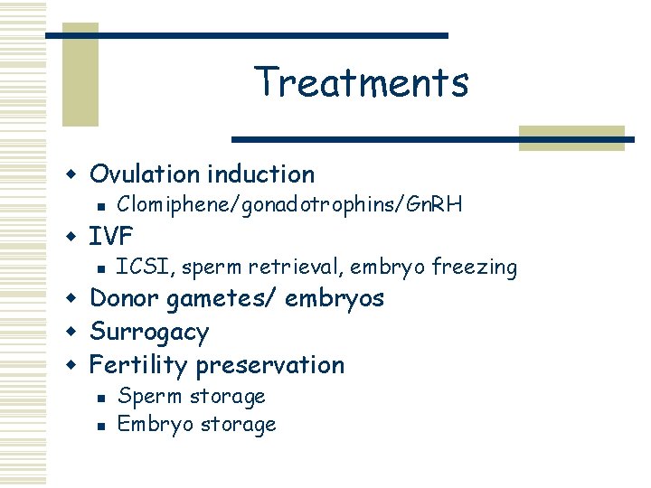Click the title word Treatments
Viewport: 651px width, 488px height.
[x=362, y=81]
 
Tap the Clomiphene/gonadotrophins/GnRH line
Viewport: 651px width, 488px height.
[x=290, y=205]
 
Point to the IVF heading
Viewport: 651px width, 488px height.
[x=111, y=237]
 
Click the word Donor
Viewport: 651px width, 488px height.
[x=122, y=298]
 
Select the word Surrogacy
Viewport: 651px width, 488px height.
[x=149, y=333]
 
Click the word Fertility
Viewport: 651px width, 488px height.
[x=139, y=365]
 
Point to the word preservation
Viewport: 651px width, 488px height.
[x=270, y=365]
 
